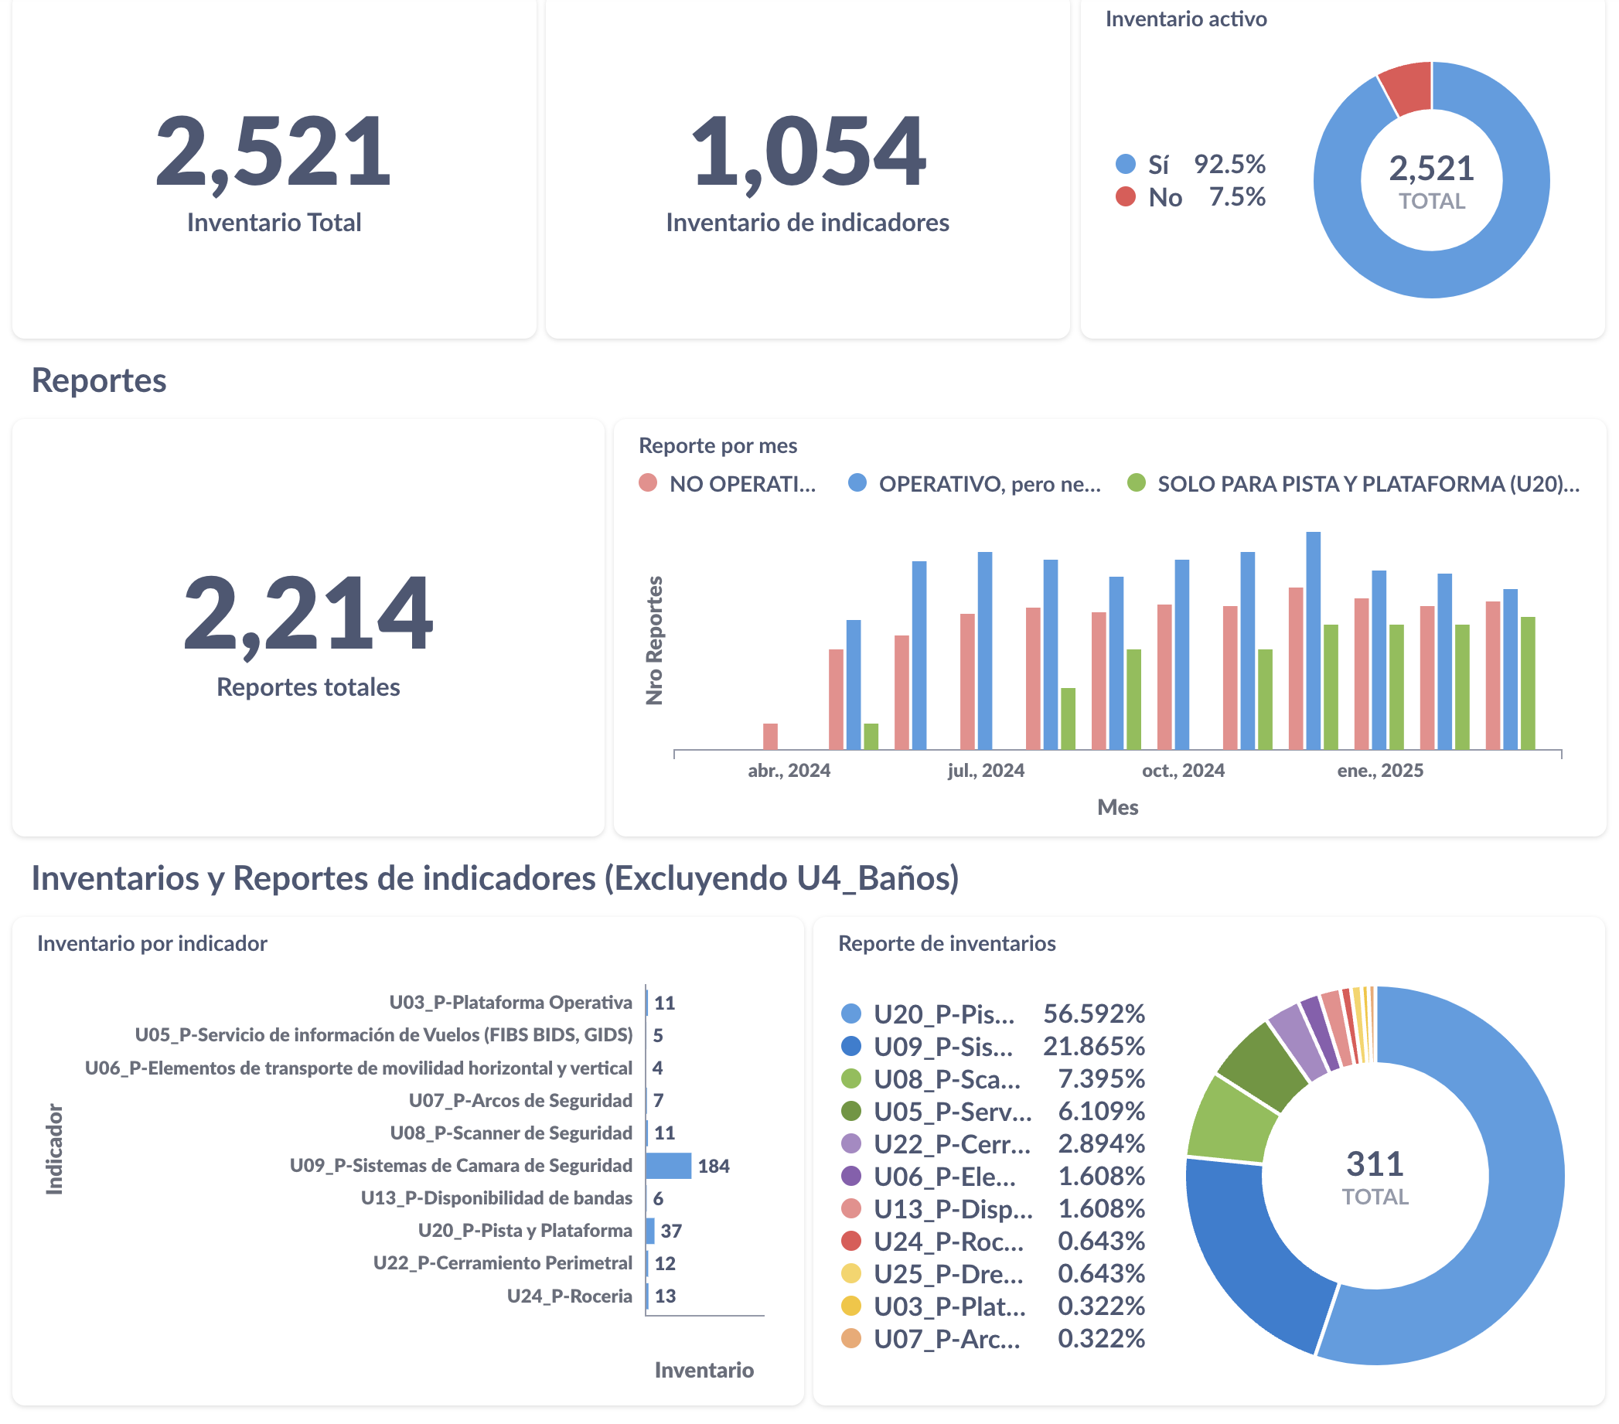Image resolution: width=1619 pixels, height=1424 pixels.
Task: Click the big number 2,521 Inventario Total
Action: coord(273,151)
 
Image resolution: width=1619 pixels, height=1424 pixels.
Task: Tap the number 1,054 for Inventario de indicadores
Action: coord(807,151)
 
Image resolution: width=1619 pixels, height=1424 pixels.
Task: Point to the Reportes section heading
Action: coord(99,380)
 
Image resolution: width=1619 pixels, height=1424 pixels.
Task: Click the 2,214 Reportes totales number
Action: coord(308,614)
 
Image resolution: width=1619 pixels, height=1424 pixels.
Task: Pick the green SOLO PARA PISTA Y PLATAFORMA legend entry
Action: coord(1354,484)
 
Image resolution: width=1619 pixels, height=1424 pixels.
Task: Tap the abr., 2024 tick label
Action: coord(789,771)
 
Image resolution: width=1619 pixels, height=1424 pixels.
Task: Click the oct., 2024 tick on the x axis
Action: coord(1183,771)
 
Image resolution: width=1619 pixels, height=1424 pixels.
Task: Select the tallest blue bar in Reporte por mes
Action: coord(1314,642)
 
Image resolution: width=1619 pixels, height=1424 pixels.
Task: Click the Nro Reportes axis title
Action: coord(654,640)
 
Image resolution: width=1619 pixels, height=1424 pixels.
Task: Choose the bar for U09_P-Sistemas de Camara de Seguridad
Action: coord(669,1166)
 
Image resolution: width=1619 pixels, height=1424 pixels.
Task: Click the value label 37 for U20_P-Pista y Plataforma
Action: coord(671,1231)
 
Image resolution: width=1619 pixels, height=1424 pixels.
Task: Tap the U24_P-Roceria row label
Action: coord(570,1296)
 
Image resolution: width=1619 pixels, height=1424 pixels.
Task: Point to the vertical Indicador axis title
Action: coord(54,1148)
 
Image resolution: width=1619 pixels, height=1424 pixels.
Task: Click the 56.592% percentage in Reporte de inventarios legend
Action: coord(1094,1013)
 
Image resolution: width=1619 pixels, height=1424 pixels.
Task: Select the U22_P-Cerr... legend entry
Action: coord(951,1143)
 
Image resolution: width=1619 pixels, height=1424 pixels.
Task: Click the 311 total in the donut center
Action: coord(1375,1164)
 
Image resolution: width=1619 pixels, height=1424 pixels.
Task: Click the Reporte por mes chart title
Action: coord(717,446)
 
